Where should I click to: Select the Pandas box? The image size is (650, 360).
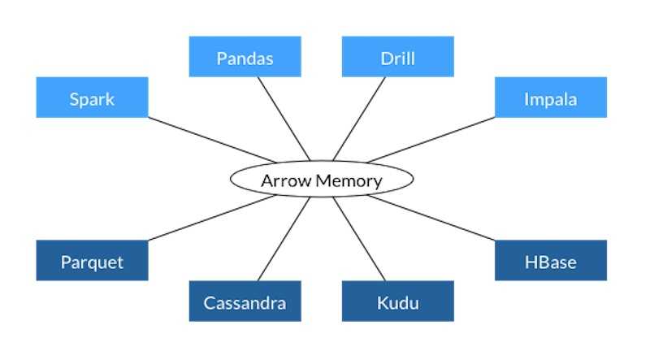point(245,57)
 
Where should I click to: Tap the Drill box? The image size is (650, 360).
point(397,57)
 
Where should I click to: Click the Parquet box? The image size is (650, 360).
point(92,261)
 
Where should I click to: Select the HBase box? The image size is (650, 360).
point(550,261)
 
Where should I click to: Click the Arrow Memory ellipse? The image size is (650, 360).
point(321,179)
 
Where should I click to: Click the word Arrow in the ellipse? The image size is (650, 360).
point(285,180)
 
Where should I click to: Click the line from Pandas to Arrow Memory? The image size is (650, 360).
point(284,119)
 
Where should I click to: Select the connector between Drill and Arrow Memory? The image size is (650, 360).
point(359,119)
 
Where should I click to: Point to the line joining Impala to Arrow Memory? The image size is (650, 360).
point(431,140)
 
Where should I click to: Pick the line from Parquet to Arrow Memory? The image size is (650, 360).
point(213,219)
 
